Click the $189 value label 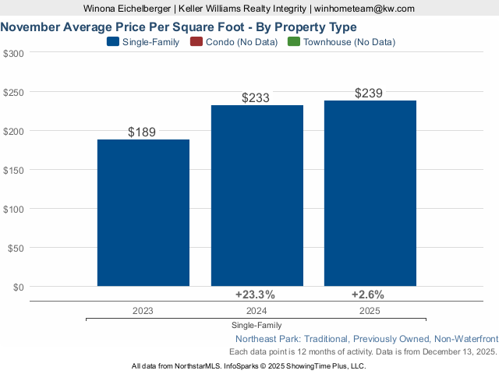[142, 132]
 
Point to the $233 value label [256, 98]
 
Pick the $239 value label [369, 93]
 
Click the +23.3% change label [255, 295]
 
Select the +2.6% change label [368, 295]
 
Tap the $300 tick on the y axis [13, 53]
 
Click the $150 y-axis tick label [13, 170]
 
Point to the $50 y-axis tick [16, 248]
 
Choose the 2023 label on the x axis [143, 310]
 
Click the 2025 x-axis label [370, 310]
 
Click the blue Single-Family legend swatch [113, 42]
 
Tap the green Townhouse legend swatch [293, 42]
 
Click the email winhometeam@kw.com [364, 9]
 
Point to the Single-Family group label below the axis [257, 325]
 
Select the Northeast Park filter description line [366, 339]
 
